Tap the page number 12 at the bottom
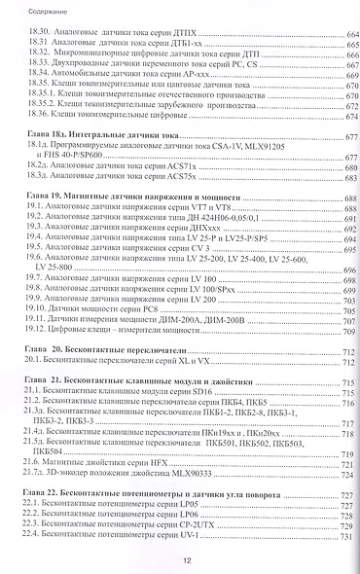(x=186, y=559)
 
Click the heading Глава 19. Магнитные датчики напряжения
(x=126, y=223)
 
